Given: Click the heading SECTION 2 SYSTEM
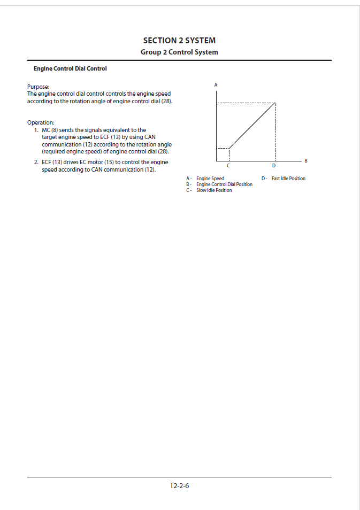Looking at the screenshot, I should pyautogui.click(x=179, y=41).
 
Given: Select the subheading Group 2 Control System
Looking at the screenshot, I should pyautogui.click(x=179, y=52).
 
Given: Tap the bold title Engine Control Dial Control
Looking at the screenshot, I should pyautogui.click(x=70, y=68).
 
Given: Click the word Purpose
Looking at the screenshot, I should pyautogui.click(x=38, y=87).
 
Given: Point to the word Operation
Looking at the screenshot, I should pyautogui.click(x=41, y=122).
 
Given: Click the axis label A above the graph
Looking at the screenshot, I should pyautogui.click(x=216, y=85).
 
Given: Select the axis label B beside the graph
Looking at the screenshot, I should pyautogui.click(x=305, y=160).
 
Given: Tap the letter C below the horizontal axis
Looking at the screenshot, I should pyautogui.click(x=228, y=165).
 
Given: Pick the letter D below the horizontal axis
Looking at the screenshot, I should pyautogui.click(x=274, y=165).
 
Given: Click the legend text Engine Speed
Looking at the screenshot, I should pyautogui.click(x=210, y=179).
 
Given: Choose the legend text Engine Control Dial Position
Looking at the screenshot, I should pyautogui.click(x=224, y=184).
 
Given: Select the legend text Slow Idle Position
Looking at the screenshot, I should pyautogui.click(x=214, y=190).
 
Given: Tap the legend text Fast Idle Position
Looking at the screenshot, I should pyautogui.click(x=288, y=179).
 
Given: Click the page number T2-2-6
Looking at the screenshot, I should pyautogui.click(x=179, y=486).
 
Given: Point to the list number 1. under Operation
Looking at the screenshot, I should pyautogui.click(x=36, y=130).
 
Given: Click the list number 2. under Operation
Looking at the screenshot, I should pyautogui.click(x=36, y=162).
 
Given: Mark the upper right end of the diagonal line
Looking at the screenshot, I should pyautogui.click(x=274, y=103).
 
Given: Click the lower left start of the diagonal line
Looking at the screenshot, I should pyautogui.click(x=229, y=148).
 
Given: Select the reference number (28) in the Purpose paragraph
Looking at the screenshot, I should pyautogui.click(x=167, y=101).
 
